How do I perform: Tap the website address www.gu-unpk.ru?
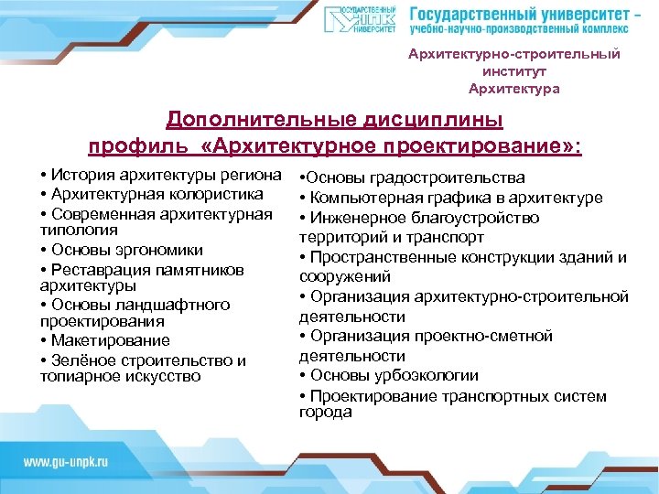coord(65,463)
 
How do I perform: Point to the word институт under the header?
coord(513,71)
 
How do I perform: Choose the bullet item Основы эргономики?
coord(126,250)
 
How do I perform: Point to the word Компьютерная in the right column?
coord(362,198)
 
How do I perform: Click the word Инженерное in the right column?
coord(354,218)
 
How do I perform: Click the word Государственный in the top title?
coord(475,15)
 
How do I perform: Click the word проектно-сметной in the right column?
coord(475,337)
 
